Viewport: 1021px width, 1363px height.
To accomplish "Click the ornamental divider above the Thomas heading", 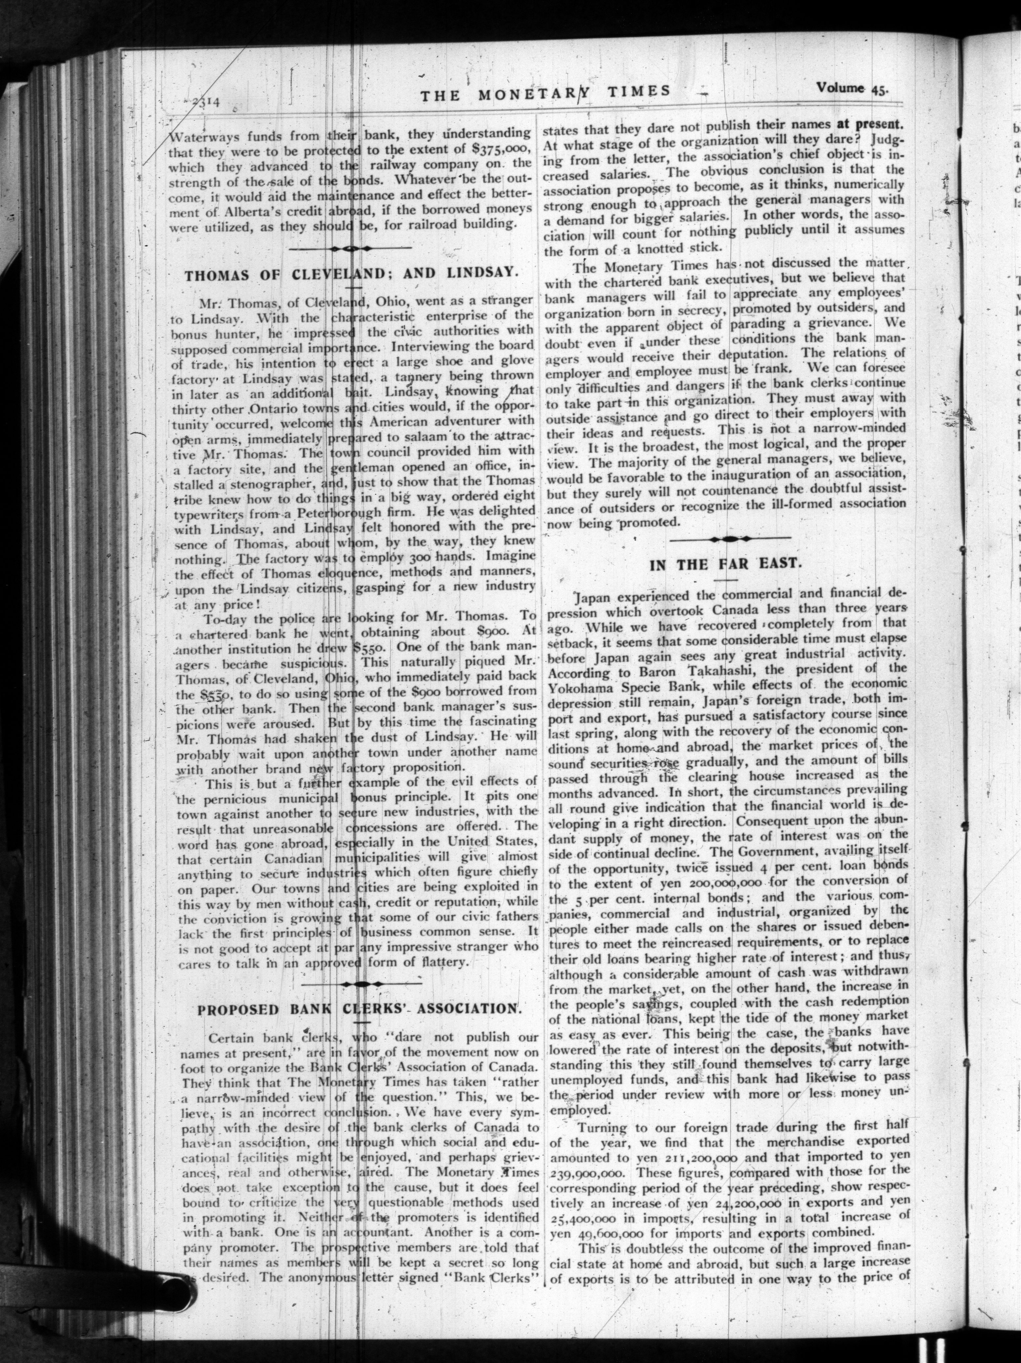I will pos(350,249).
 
